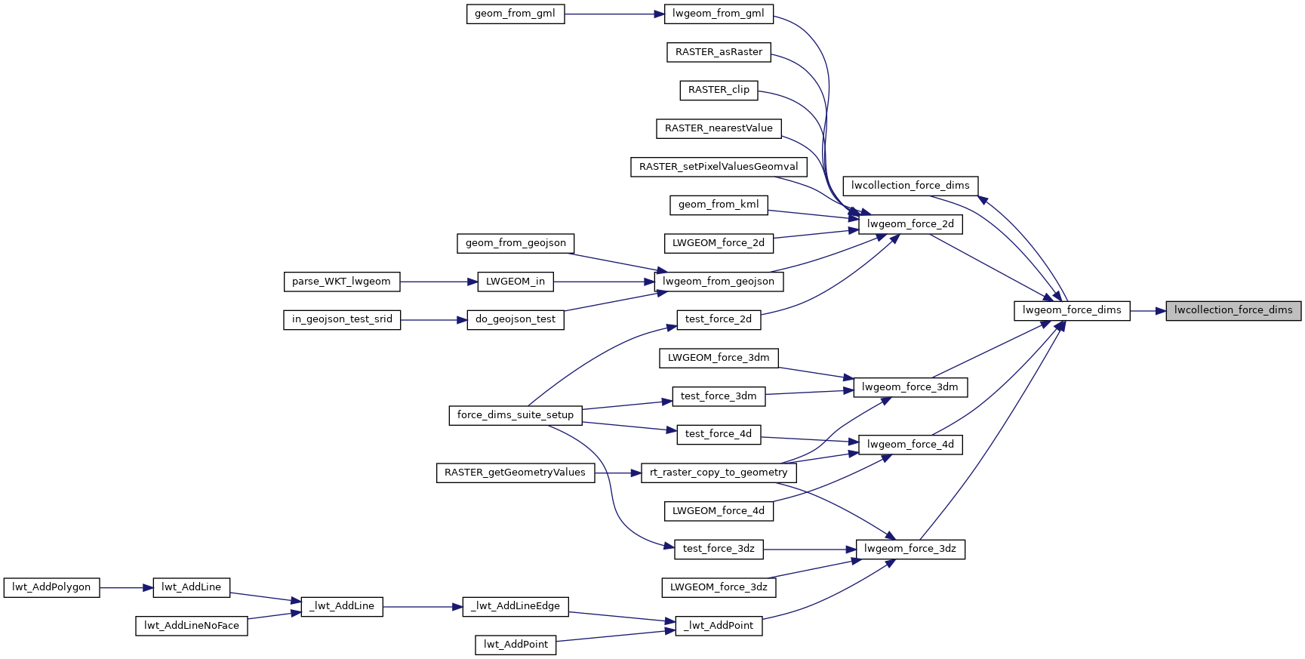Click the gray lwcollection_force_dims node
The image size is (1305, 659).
click(1233, 310)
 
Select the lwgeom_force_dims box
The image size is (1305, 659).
click(1071, 310)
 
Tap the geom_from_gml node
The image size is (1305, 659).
click(515, 14)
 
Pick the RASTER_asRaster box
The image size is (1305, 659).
click(719, 52)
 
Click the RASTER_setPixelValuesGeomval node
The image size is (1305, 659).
click(719, 167)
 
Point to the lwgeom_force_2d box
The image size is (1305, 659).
click(910, 224)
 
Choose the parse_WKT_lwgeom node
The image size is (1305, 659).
click(341, 282)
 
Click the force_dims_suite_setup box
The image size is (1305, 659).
click(515, 415)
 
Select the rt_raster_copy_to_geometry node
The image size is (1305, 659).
click(718, 473)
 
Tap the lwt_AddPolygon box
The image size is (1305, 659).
click(51, 587)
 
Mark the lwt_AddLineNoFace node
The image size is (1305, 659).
click(191, 626)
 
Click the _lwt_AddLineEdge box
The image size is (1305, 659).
click(515, 606)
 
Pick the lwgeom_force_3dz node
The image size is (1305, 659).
click(909, 549)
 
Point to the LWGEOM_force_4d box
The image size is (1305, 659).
click(718, 511)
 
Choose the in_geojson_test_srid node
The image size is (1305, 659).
click(341, 319)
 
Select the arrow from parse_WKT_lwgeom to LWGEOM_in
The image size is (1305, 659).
click(439, 282)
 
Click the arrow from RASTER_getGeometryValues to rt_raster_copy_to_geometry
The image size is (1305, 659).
click(617, 473)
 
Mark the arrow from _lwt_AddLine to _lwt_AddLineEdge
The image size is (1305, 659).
click(423, 606)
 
